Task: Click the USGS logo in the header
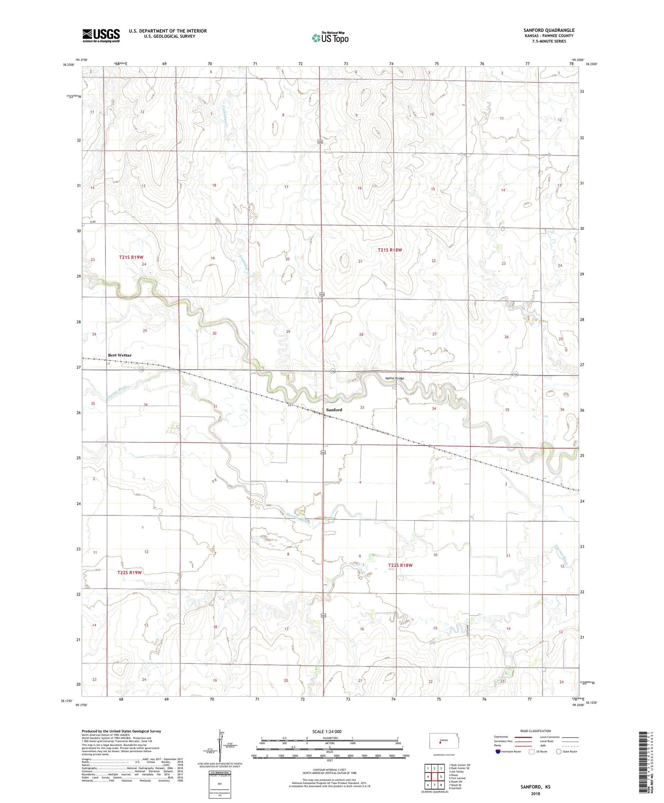point(101,35)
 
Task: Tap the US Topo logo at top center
point(330,38)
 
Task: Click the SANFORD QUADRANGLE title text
point(548,30)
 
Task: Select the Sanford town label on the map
point(334,410)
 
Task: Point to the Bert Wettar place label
point(120,355)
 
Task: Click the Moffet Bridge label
point(394,378)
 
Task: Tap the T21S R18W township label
point(390,250)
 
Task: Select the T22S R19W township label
point(130,572)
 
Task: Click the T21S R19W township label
point(131,257)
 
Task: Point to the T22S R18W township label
point(400,565)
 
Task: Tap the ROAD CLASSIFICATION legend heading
point(536,731)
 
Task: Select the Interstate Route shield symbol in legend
point(498,751)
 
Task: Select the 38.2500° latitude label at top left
point(69,65)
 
